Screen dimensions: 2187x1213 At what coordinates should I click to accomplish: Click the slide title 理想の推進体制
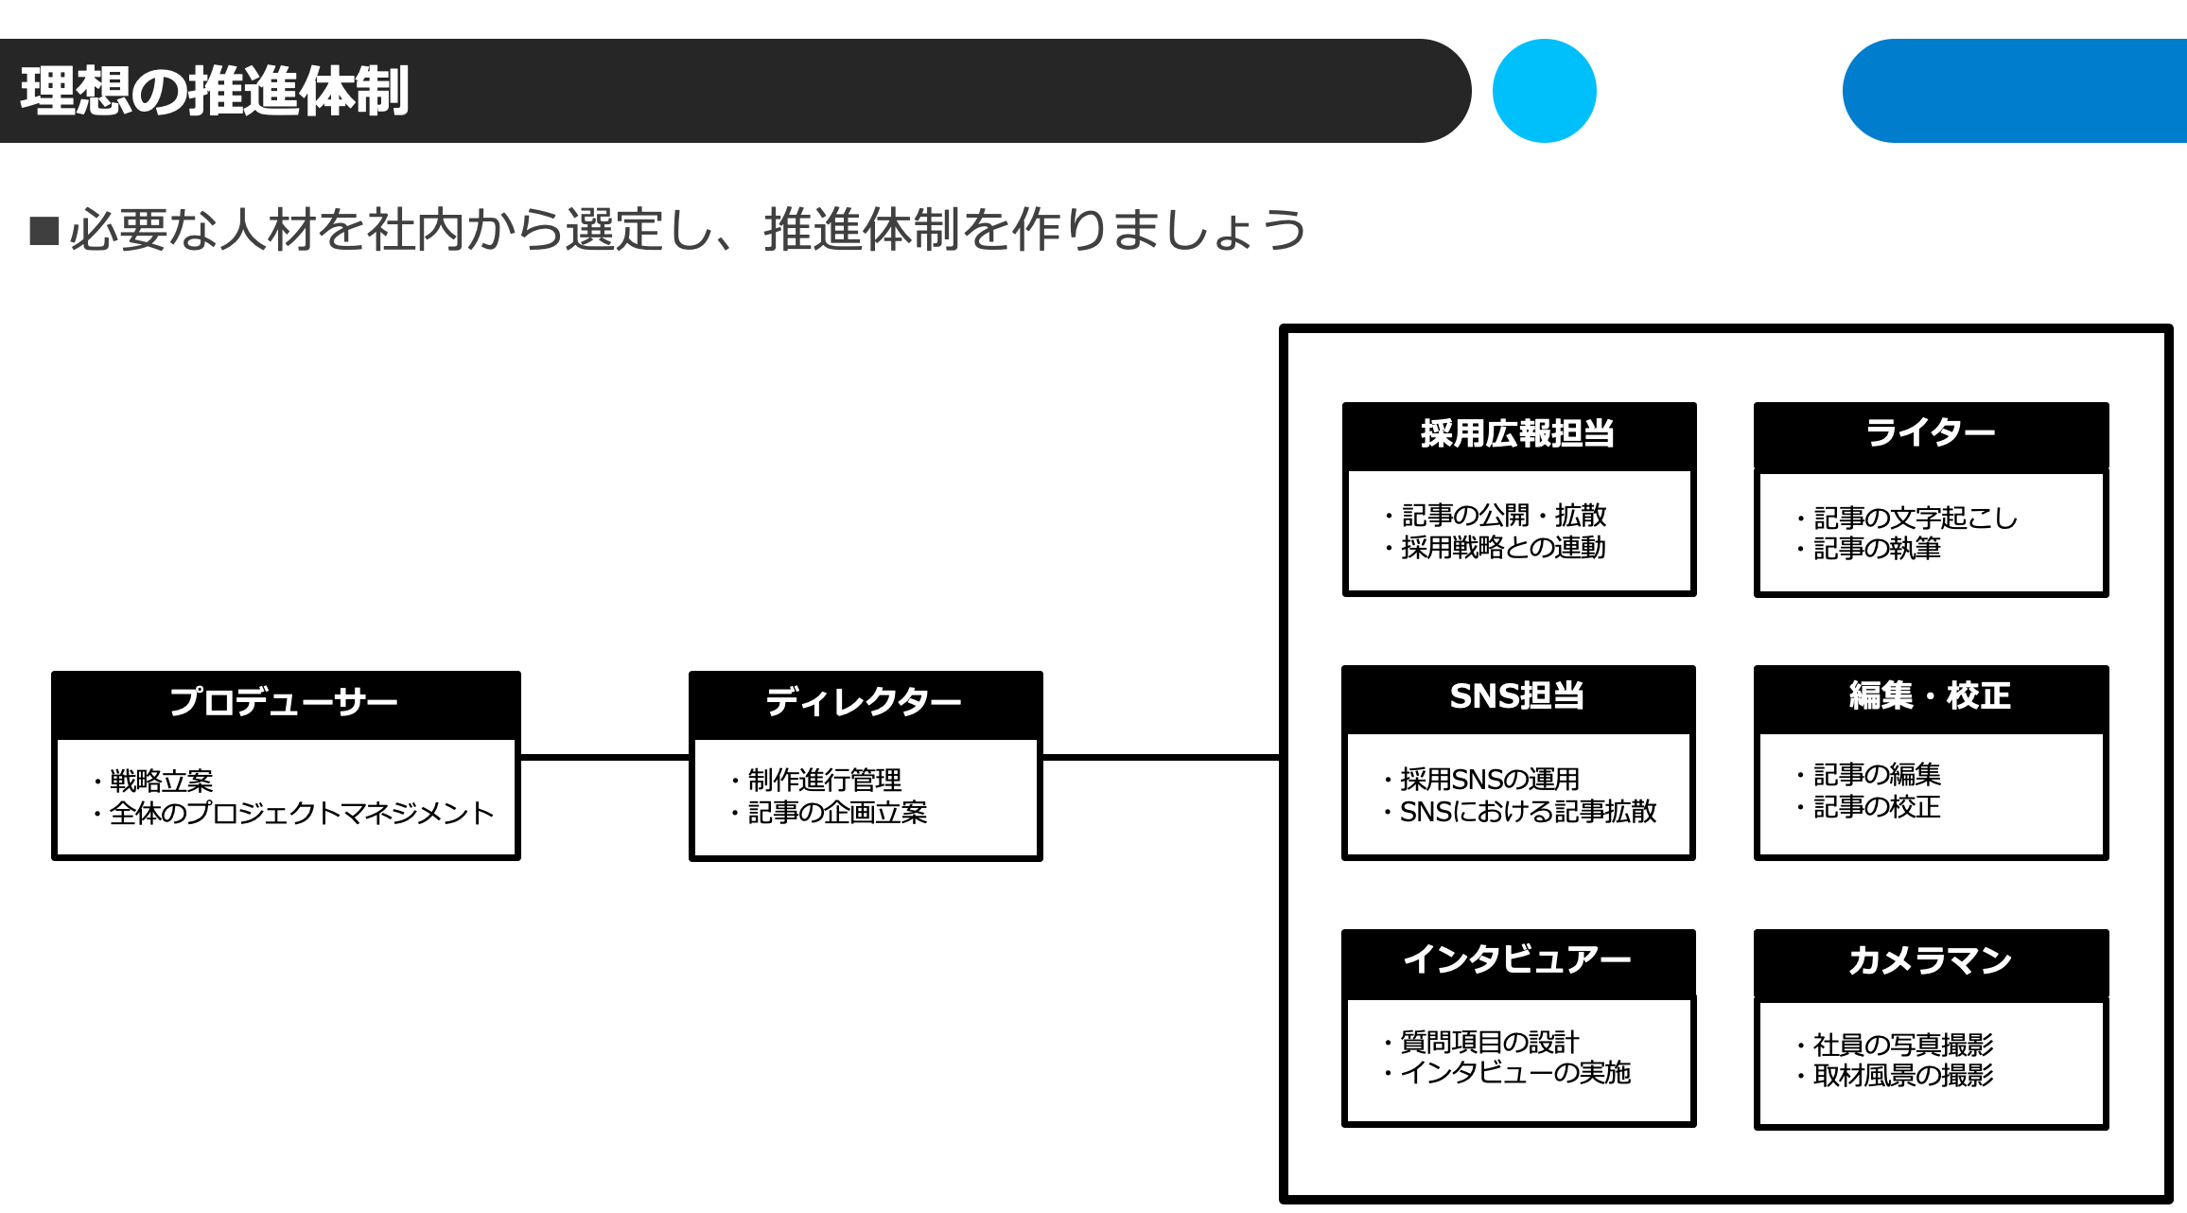(x=215, y=91)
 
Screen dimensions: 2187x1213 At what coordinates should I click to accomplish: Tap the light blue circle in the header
(x=1545, y=91)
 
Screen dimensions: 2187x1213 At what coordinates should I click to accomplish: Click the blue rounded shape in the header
(x=2015, y=91)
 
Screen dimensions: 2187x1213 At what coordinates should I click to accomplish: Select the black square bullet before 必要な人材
(x=44, y=231)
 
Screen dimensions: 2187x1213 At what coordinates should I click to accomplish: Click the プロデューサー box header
(x=286, y=704)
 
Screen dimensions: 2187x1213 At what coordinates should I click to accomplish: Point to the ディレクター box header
(x=866, y=704)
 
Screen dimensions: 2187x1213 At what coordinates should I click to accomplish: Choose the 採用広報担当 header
(x=1519, y=435)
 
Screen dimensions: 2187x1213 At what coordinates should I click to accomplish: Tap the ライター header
(x=1931, y=435)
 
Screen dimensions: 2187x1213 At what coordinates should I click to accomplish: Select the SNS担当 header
(x=1518, y=698)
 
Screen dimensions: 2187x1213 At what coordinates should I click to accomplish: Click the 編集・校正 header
(x=1931, y=698)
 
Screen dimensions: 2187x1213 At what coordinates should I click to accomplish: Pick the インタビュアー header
(x=1518, y=962)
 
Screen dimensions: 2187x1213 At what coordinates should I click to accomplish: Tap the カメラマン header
(x=1931, y=962)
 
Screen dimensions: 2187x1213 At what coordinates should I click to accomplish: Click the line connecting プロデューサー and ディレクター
(x=605, y=757)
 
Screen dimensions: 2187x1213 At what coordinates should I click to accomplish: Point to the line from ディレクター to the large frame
(x=1162, y=757)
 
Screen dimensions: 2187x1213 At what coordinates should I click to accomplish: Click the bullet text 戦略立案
(x=162, y=782)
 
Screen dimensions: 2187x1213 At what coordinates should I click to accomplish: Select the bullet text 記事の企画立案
(x=837, y=813)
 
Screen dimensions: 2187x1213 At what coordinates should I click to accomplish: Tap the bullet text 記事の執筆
(x=1877, y=549)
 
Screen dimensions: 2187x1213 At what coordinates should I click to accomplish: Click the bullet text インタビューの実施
(x=1515, y=1073)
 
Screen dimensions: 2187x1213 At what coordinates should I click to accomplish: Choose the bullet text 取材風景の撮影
(x=1903, y=1076)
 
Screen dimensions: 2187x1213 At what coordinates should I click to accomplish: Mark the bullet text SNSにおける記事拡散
(x=1528, y=812)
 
